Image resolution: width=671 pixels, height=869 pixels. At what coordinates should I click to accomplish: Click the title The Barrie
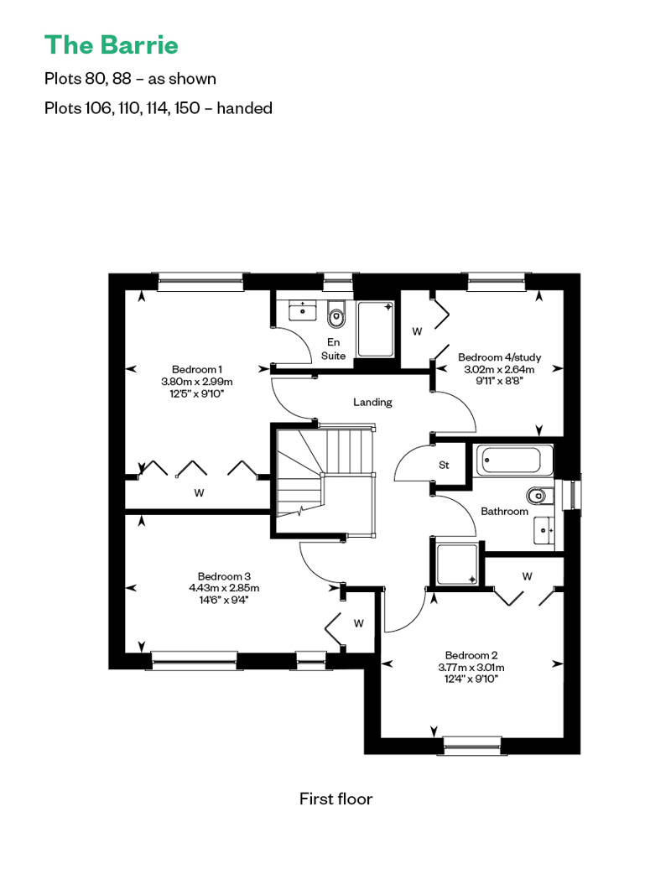tap(112, 45)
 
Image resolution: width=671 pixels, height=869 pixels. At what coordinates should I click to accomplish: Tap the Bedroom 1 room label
tap(197, 369)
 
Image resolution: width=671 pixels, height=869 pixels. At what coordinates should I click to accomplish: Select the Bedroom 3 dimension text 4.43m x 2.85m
tap(224, 588)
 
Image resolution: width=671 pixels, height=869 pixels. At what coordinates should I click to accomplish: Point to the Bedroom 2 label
tap(471, 655)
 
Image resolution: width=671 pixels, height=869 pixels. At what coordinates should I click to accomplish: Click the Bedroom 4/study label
tap(499, 357)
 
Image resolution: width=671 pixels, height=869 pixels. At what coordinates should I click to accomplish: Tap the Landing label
tap(372, 402)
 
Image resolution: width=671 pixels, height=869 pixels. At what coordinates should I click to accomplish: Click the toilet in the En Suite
tap(335, 315)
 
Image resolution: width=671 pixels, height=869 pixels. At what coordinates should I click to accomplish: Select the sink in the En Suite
tap(303, 310)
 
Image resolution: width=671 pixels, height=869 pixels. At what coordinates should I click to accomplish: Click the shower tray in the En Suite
tap(376, 329)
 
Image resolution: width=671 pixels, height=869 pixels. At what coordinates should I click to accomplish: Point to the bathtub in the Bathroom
tap(514, 461)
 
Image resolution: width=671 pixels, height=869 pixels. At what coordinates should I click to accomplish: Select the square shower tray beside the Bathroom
tap(457, 565)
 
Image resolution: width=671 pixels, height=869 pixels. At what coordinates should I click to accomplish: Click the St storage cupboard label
tap(444, 465)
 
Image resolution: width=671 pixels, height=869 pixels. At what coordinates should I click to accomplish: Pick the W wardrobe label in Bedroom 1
tap(199, 492)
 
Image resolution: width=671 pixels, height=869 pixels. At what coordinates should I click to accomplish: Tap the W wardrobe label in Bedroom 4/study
tap(417, 331)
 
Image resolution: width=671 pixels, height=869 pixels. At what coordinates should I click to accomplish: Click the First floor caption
tap(335, 799)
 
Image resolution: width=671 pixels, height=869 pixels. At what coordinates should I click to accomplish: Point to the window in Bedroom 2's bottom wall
tap(472, 746)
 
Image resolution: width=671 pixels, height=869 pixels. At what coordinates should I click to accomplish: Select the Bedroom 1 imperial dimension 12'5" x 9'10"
tap(197, 393)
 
